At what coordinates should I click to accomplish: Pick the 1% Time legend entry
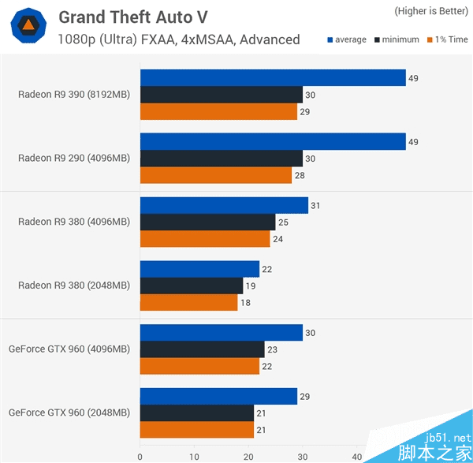click(x=446, y=39)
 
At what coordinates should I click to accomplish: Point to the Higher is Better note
click(x=430, y=11)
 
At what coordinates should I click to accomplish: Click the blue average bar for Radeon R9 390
click(x=273, y=77)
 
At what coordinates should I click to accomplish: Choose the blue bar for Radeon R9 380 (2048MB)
click(x=199, y=269)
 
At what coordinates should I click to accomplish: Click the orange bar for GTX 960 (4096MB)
click(x=199, y=366)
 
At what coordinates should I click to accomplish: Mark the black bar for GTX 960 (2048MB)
click(x=196, y=413)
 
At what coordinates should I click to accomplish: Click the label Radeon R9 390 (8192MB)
click(x=74, y=95)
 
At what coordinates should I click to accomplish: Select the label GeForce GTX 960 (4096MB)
click(x=69, y=349)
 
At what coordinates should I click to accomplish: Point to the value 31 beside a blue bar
click(x=315, y=206)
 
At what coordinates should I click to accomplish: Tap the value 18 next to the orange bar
click(x=244, y=302)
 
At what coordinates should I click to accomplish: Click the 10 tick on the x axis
click(x=194, y=456)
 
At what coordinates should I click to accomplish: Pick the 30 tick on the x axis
click(x=303, y=456)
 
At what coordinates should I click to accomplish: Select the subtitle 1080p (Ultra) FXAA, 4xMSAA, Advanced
click(x=178, y=39)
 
